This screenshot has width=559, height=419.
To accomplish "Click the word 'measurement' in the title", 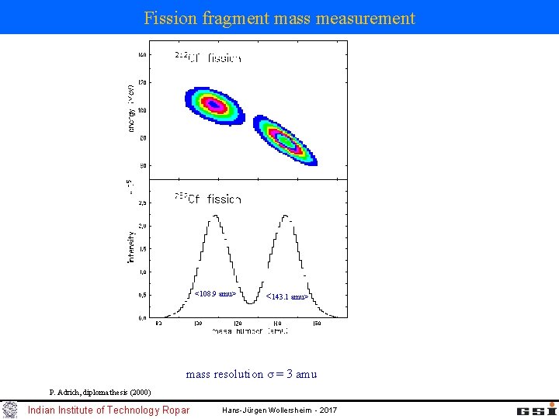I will tap(366, 18).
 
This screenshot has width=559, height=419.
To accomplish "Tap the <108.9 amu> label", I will tap(215, 294).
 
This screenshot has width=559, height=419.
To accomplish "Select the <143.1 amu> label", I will tap(287, 296).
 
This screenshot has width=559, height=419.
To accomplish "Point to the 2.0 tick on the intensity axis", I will tap(142, 226).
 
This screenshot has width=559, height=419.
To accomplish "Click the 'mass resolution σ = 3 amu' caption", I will tap(251, 375).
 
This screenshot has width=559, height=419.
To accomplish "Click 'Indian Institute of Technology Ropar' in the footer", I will tap(108, 410).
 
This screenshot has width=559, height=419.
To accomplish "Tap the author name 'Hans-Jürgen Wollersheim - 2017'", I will tap(279, 410).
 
